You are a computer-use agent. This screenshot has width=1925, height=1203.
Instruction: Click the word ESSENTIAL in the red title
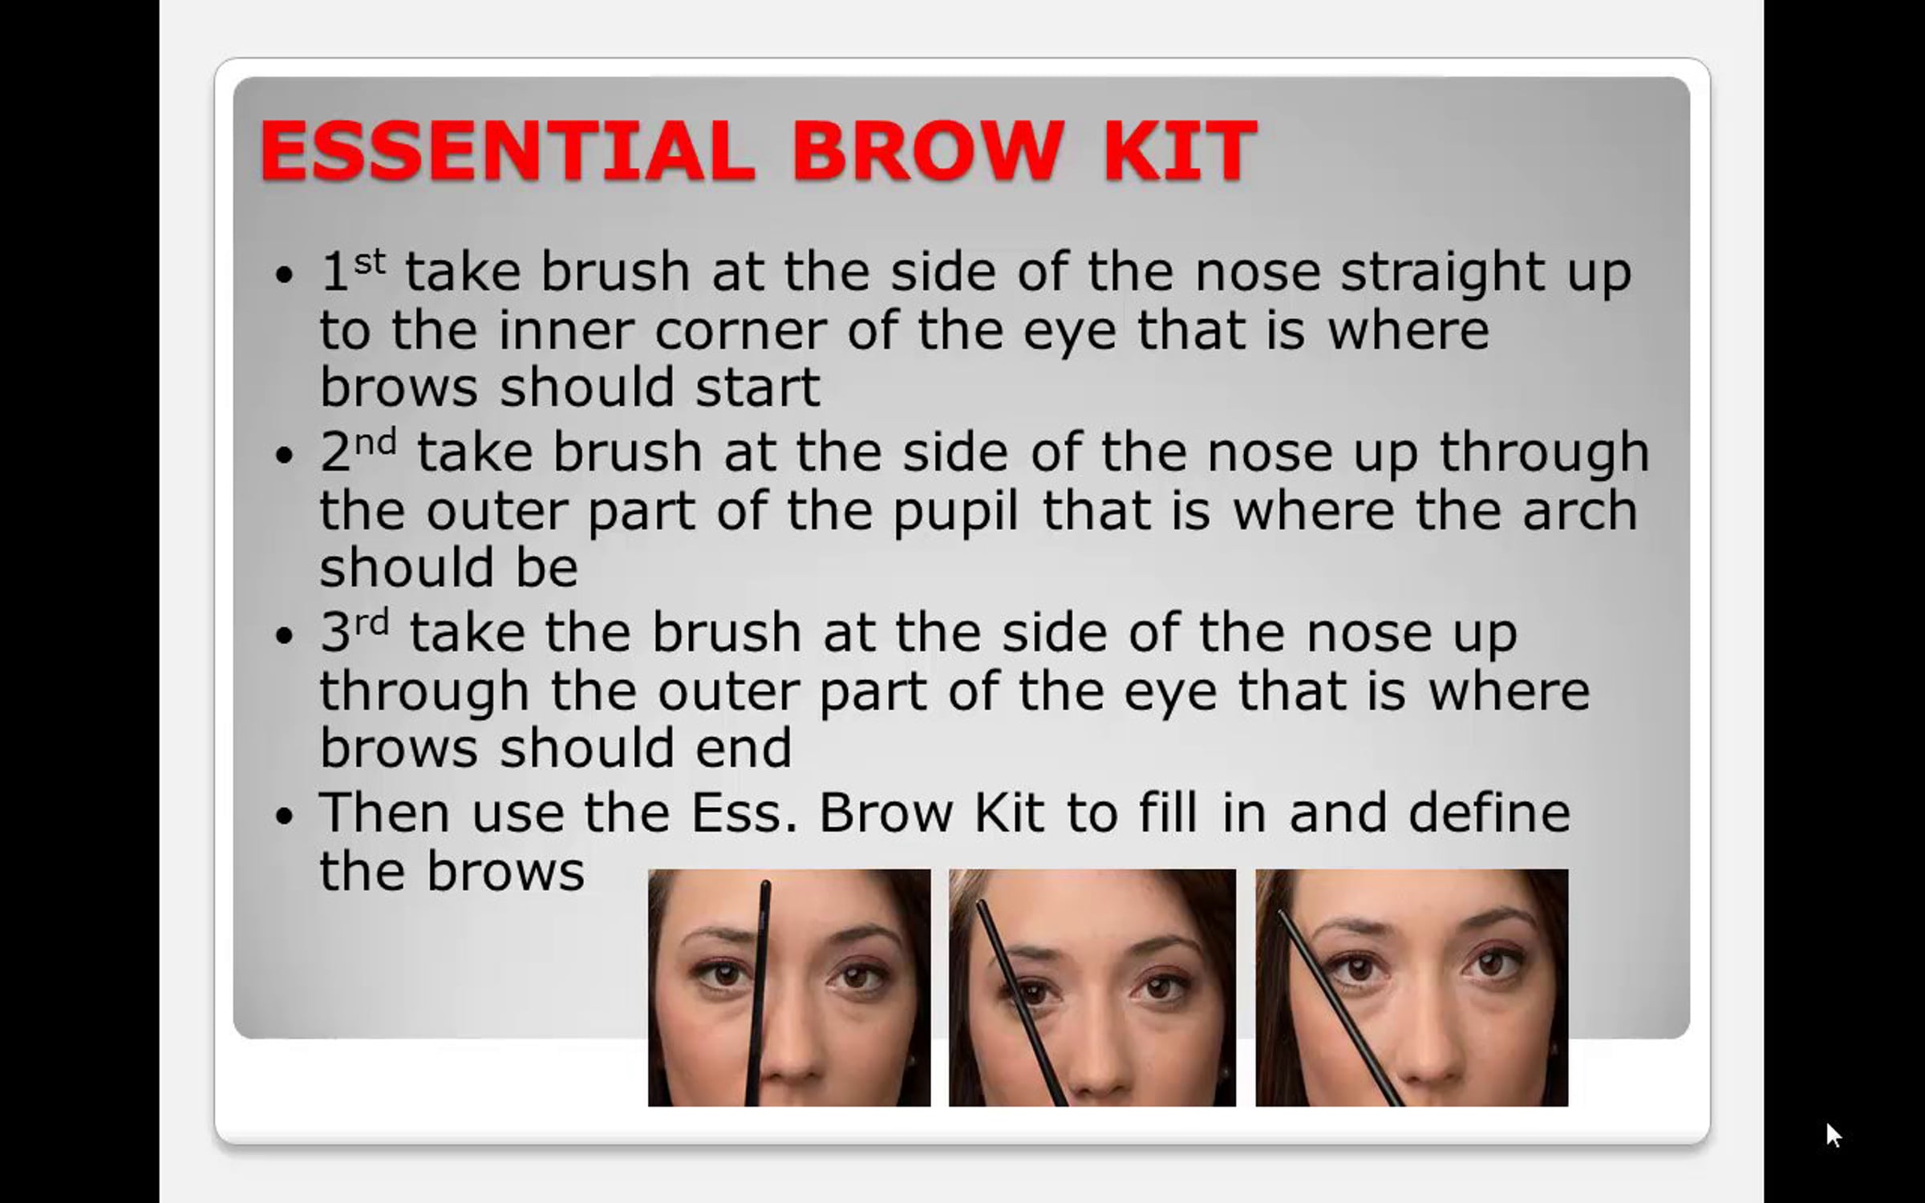507,151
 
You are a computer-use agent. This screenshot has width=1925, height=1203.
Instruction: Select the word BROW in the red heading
928,151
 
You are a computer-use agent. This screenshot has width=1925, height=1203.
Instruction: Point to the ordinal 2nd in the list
359,451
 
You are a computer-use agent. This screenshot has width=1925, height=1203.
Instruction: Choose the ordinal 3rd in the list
355,631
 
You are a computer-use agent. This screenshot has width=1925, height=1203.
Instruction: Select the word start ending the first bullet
757,387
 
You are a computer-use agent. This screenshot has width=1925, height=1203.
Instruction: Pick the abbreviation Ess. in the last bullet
744,812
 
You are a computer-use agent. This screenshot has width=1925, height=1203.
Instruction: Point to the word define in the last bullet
1489,812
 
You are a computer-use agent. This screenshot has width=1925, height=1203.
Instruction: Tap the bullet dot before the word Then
285,817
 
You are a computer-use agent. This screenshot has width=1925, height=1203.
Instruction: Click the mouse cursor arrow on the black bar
1834,1135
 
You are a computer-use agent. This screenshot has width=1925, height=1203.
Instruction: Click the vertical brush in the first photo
758,994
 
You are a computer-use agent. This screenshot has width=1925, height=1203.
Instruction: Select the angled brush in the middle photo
1021,1003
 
